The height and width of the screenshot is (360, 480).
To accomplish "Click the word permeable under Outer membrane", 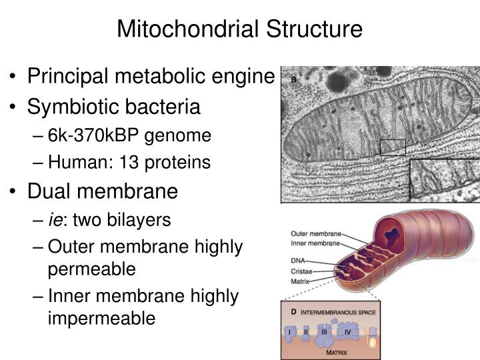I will [x=91, y=269].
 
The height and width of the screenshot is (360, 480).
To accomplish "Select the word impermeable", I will [x=101, y=318].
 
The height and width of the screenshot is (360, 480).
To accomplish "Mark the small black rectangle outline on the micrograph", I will [x=392, y=147].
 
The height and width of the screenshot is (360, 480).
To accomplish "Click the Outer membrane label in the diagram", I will [x=317, y=234].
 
